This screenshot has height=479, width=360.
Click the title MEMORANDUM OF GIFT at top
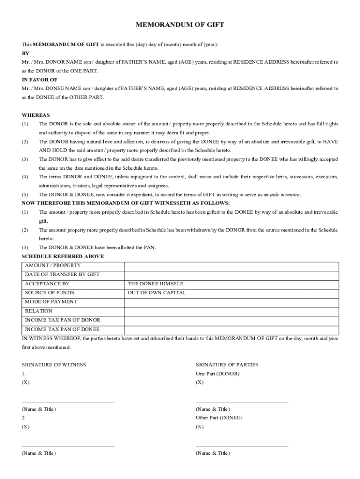180,25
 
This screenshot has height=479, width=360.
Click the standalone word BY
26,53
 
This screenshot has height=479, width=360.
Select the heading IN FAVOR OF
40,80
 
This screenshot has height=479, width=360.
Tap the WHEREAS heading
36,115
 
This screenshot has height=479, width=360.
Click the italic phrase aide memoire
285,195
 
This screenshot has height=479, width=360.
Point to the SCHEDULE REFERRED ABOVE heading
63,256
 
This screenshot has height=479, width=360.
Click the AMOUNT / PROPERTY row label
50,266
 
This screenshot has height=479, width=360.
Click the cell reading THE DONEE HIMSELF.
156,284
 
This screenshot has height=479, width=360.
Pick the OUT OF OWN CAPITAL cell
157,293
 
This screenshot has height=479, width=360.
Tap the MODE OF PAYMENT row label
51,302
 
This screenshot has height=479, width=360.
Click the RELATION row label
38,311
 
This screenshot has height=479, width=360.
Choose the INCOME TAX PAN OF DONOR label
62,320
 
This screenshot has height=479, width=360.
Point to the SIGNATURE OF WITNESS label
54,365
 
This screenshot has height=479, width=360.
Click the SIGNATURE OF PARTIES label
227,365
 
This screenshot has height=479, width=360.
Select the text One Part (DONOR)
217,374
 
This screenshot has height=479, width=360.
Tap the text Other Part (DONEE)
219,418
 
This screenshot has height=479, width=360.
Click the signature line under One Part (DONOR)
242,402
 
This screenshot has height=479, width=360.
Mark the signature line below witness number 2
68,446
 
